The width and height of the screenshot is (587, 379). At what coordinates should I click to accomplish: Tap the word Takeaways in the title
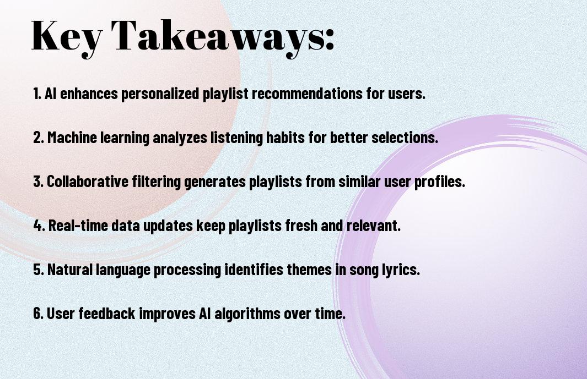(x=218, y=37)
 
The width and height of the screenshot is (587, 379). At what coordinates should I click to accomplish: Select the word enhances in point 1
(x=89, y=93)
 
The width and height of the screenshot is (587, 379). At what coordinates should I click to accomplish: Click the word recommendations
(x=307, y=93)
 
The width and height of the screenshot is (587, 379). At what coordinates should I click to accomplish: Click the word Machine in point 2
(x=72, y=137)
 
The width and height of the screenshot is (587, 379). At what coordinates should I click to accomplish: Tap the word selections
(x=405, y=137)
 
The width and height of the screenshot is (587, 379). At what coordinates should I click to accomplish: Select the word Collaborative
(x=88, y=182)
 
